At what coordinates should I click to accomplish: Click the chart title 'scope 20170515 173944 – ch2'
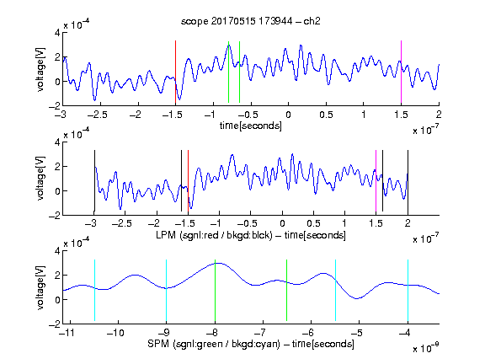pos(250,21)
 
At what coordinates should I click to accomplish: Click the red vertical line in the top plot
pos(175,72)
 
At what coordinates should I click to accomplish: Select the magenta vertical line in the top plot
pos(401,72)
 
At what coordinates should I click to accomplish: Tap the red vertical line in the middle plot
pos(188,181)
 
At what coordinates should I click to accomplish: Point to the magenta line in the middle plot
pos(376,181)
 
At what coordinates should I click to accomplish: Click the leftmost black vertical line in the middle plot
pos(94,181)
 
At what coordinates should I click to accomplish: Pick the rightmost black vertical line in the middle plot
pos(408,181)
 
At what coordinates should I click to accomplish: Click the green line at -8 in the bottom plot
pos(215,291)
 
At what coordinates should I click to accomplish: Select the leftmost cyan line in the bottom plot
pos(94,291)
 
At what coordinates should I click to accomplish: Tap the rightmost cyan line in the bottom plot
pos(408,291)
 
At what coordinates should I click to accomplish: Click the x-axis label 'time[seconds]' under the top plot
pos(251,126)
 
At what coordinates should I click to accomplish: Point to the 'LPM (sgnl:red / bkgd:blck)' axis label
pos(214,235)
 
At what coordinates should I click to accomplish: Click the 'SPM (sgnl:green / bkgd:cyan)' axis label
pos(214,344)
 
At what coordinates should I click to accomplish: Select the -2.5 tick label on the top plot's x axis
pos(97,115)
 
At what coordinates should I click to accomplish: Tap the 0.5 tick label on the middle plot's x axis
pos(313,224)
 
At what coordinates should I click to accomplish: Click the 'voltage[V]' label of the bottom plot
pos(40,287)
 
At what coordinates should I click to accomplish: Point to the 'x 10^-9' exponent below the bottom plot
pos(425,348)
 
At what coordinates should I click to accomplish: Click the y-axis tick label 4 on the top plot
pos(57,33)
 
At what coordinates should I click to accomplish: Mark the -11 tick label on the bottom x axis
pos(67,333)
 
